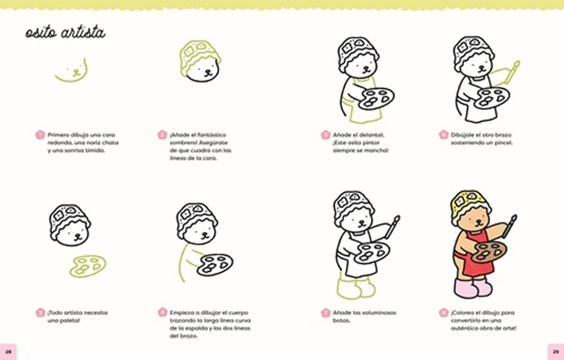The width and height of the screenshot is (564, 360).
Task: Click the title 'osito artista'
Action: click(x=65, y=33)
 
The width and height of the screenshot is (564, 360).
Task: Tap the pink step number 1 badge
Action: click(x=40, y=135)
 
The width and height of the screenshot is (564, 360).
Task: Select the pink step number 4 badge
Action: click(x=163, y=312)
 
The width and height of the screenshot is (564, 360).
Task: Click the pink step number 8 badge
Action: click(x=443, y=312)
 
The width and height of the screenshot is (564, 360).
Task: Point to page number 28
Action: click(x=8, y=352)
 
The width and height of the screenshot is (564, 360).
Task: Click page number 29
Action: click(x=556, y=352)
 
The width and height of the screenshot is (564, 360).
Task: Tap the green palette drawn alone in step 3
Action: click(x=87, y=266)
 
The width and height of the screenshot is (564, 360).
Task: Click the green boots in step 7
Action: click(x=356, y=288)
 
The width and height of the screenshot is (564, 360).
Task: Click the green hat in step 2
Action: click(x=199, y=56)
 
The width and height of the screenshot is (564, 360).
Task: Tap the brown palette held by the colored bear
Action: click(x=489, y=252)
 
